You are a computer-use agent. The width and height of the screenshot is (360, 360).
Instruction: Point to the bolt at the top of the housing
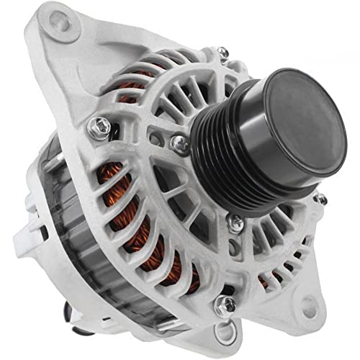point(223,53)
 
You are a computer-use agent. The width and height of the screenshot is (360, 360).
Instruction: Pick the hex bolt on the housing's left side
point(100,128)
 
